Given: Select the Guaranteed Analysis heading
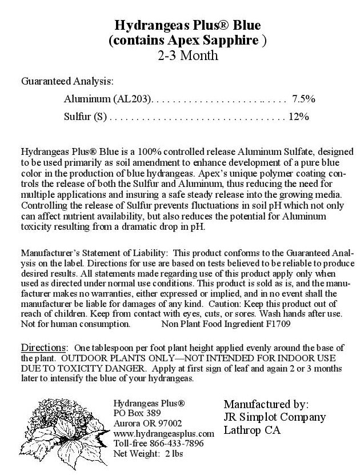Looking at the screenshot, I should (67, 81).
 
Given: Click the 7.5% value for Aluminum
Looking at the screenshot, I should (303, 99).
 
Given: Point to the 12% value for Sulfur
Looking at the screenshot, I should (299, 117).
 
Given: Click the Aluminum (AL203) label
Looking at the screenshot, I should (108, 99).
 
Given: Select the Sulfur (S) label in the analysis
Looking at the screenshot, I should (86, 117).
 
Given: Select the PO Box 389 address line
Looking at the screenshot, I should (138, 413).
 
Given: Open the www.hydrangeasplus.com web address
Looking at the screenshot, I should (163, 434).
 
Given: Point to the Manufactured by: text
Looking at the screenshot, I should (266, 404).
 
